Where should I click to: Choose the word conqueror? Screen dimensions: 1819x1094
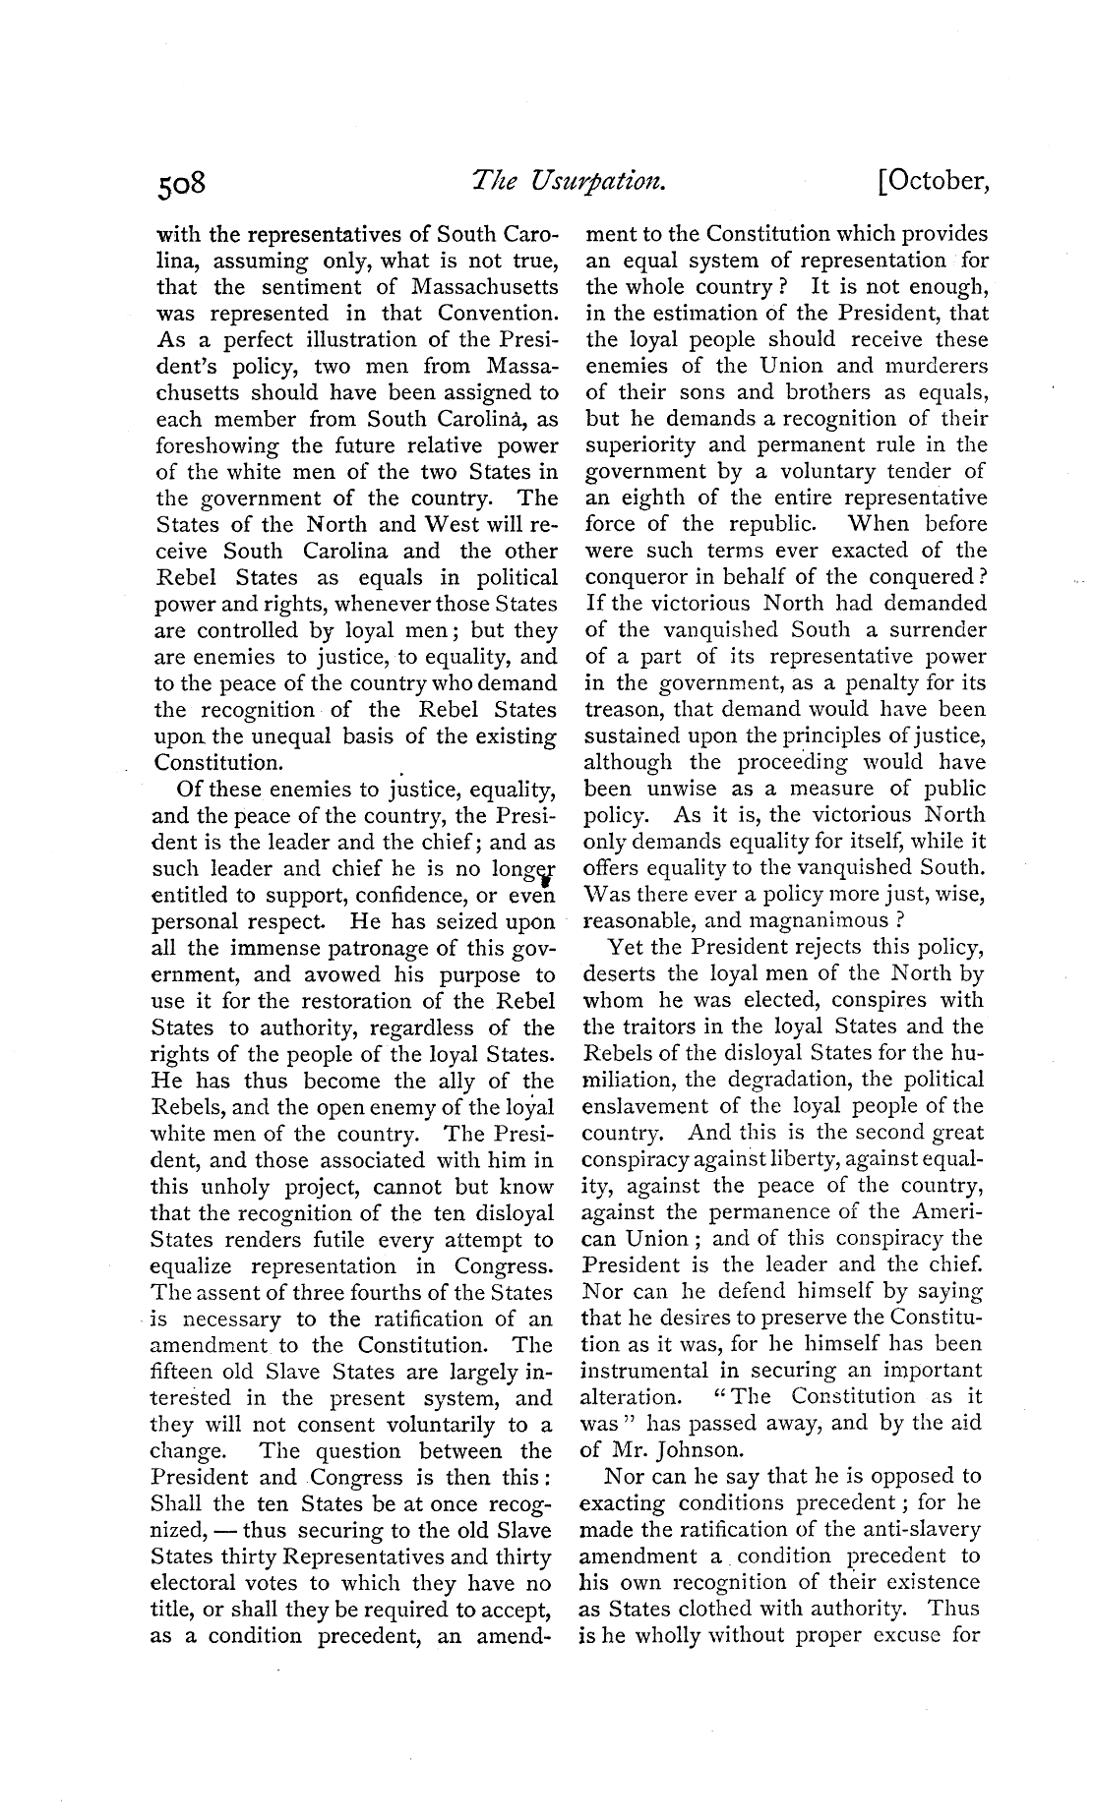636,577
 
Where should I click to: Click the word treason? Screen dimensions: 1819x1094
617,710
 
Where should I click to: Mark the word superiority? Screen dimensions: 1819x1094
637,445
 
